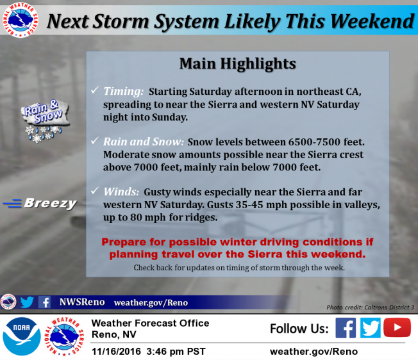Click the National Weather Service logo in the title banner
coord(21,20)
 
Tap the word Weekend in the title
coord(372,21)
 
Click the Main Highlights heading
coord(237,63)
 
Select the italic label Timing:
coord(124,92)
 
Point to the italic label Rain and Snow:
coord(144,142)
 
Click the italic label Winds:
coord(121,192)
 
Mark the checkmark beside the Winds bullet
coord(95,191)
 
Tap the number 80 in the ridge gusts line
coord(136,218)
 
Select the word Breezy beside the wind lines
coord(51,204)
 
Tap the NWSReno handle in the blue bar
coord(82,302)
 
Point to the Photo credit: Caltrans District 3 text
coord(370,307)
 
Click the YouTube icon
coord(397,327)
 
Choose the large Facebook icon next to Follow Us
coord(346,328)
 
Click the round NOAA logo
coord(21,336)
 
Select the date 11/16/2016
coord(116,352)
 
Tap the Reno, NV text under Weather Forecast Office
coord(114,334)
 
